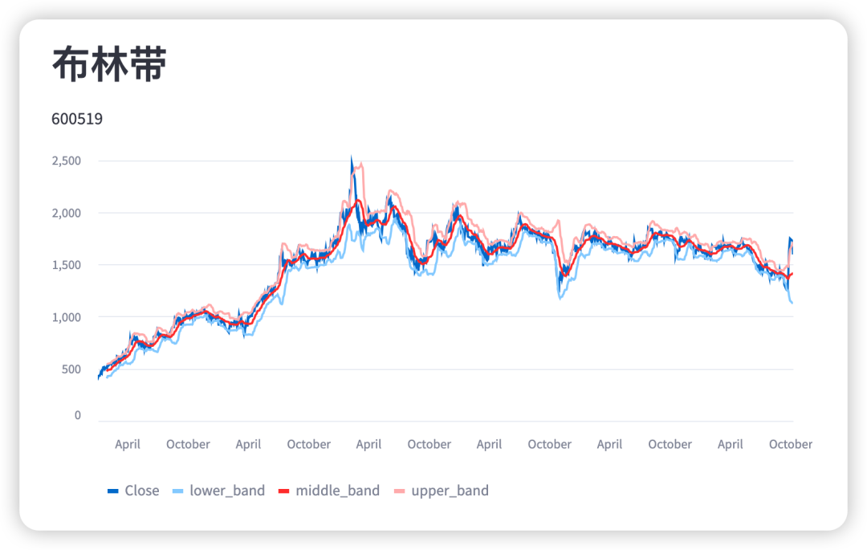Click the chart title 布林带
(108, 65)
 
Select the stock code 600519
(77, 119)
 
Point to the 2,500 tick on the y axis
(66, 161)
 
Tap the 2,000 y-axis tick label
(66, 213)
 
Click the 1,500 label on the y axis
(66, 265)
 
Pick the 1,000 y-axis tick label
(66, 317)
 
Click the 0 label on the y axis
(78, 415)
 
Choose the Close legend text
(142, 491)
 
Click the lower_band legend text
(227, 491)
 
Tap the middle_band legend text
(337, 491)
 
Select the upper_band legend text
(450, 491)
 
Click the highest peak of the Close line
(351, 157)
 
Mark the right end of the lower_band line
(792, 304)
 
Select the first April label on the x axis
(128, 444)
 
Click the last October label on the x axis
(791, 444)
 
